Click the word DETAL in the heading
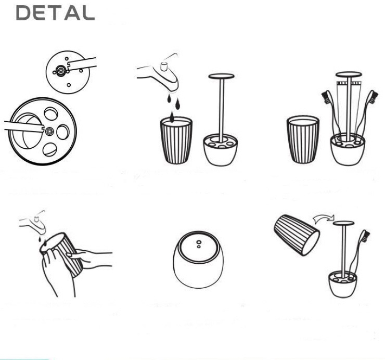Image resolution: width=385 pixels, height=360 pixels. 55,13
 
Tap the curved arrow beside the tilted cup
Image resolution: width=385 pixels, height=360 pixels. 323,218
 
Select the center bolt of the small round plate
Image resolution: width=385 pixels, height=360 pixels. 60,70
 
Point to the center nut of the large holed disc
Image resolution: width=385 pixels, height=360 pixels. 49,131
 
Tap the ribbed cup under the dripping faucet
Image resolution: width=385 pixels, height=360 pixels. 176,140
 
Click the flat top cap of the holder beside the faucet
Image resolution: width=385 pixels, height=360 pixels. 221,76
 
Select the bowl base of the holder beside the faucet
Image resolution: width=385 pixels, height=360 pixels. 220,150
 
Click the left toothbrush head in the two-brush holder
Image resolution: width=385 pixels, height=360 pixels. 326,97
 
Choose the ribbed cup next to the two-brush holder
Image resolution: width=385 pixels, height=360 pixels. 303,140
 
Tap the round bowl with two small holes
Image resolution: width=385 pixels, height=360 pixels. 198,259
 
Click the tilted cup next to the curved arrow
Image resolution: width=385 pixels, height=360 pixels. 296,235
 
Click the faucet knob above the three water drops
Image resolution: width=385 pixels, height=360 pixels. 164,66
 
